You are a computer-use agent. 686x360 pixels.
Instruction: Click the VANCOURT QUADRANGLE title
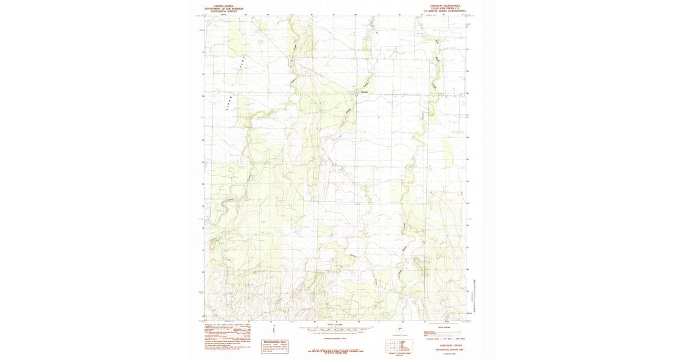tap(444, 4)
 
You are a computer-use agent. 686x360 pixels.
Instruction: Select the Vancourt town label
tap(363, 92)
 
